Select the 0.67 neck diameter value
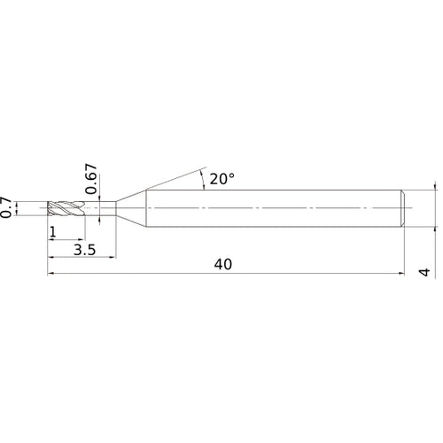pyautogui.click(x=90, y=177)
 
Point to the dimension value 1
pyautogui.click(x=55, y=232)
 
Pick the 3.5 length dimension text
pyautogui.click(x=86, y=250)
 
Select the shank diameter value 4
pyautogui.click(x=426, y=272)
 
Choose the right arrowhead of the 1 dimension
pyautogui.click(x=82, y=241)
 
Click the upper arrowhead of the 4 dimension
pyautogui.click(x=435, y=190)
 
